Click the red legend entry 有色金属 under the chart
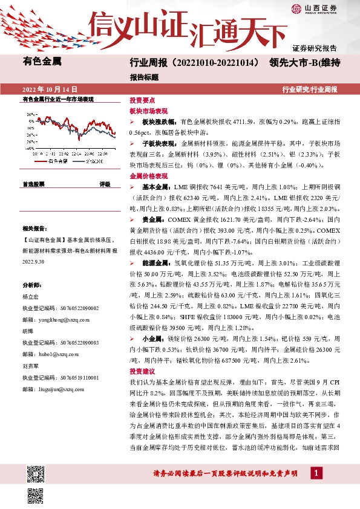tap(58, 161)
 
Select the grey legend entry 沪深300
tap(93, 161)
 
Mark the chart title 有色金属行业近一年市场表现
tap(58, 99)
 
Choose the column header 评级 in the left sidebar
tap(105, 183)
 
